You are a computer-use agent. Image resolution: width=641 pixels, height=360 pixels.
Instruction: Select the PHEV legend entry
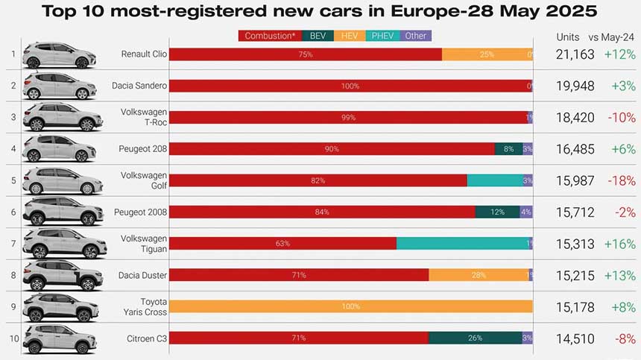[382, 36]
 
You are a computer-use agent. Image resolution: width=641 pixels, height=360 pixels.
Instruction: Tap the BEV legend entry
[318, 36]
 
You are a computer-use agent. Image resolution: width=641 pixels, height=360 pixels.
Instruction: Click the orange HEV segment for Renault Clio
[487, 54]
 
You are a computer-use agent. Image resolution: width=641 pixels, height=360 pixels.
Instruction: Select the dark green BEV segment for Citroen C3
[475, 338]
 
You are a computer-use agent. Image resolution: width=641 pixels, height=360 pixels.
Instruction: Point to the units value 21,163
[575, 54]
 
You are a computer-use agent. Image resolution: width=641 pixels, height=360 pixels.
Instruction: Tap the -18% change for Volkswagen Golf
[622, 180]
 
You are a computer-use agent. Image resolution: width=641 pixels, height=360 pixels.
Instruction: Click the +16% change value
[620, 244]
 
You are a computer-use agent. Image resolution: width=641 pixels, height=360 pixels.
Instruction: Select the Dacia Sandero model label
[139, 86]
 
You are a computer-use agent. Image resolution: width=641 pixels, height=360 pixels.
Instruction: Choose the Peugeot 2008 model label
[140, 212]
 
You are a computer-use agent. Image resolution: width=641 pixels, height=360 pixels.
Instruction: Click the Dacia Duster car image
[62, 275]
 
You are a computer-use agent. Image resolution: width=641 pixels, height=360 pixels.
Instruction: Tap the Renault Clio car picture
[60, 55]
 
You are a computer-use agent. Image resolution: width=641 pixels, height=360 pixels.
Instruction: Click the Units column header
[568, 37]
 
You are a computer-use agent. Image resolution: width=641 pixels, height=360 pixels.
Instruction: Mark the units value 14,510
[575, 338]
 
